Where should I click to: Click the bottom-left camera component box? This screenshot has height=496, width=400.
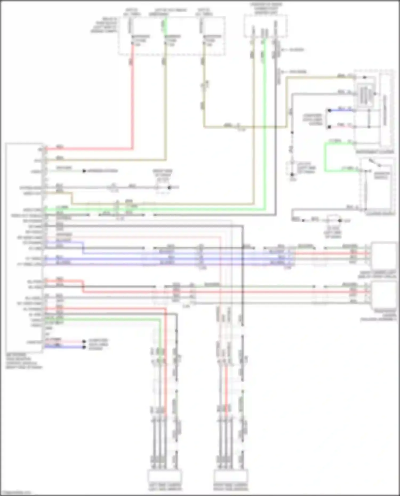(165, 476)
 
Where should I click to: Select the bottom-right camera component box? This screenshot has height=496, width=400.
(231, 476)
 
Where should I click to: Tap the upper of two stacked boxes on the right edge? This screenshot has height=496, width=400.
(383, 255)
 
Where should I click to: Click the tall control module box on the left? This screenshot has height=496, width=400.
(24, 248)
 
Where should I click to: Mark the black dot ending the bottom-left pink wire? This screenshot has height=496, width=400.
(84, 341)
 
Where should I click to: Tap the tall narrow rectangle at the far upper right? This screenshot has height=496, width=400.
(385, 109)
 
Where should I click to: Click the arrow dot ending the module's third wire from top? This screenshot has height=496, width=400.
(84, 171)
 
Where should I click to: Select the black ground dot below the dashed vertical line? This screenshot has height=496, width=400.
(292, 175)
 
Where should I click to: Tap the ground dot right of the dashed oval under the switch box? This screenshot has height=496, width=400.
(340, 221)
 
